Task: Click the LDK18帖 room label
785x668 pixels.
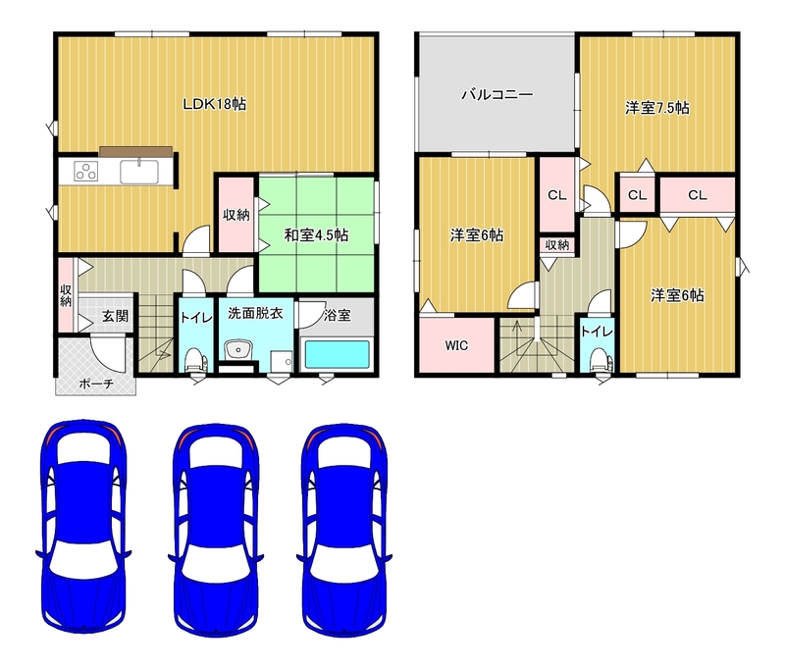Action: (214, 104)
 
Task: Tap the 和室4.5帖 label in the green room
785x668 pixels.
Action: (316, 234)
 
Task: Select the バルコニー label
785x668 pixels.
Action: (497, 94)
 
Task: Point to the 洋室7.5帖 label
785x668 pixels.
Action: (656, 108)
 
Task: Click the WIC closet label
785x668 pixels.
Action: (456, 345)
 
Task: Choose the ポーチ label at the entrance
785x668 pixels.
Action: (96, 384)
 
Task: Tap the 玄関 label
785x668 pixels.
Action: (115, 316)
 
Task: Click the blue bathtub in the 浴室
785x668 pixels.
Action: (337, 354)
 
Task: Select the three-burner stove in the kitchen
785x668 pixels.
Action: (85, 171)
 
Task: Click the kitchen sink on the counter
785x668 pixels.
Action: (139, 171)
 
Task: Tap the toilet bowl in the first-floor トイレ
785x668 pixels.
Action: (195, 358)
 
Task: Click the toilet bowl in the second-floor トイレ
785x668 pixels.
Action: (600, 359)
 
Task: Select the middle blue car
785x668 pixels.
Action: (216, 531)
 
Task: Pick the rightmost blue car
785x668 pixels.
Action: (344, 531)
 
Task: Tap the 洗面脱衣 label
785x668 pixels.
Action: (255, 314)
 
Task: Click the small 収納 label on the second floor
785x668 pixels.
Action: (556, 244)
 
